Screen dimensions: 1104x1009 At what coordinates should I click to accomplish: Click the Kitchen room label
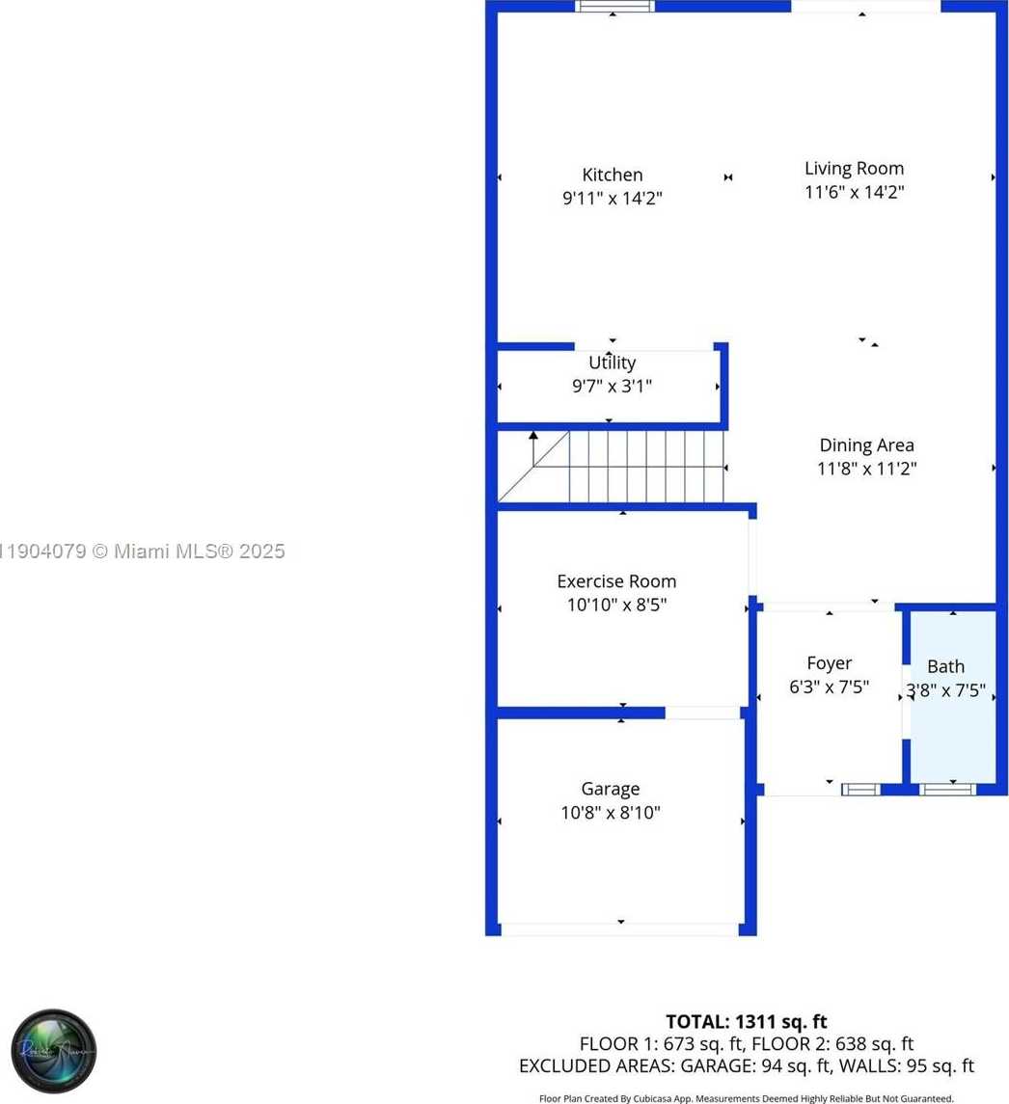612,175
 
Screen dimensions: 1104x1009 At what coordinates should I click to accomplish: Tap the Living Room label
854,168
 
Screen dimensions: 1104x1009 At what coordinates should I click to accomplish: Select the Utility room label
612,363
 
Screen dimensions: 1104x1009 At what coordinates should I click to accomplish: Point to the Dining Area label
866,445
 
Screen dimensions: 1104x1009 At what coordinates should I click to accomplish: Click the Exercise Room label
616,581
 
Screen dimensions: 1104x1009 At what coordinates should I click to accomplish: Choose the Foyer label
829,663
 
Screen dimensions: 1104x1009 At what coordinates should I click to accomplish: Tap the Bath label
945,666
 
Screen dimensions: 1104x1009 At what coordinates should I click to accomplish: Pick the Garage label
610,789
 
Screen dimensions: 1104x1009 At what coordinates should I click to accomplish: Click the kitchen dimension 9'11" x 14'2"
613,199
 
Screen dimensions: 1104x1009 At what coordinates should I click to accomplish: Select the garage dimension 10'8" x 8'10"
611,813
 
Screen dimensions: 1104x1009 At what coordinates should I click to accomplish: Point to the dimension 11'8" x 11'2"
866,470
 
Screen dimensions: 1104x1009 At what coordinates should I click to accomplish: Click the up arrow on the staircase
532,438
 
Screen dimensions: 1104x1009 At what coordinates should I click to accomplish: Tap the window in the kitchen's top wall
614,6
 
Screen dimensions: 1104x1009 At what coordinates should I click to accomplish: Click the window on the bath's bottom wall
948,790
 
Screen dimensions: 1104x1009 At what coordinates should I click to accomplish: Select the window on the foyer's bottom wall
860,790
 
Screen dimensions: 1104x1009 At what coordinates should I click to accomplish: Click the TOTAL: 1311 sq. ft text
746,1021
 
